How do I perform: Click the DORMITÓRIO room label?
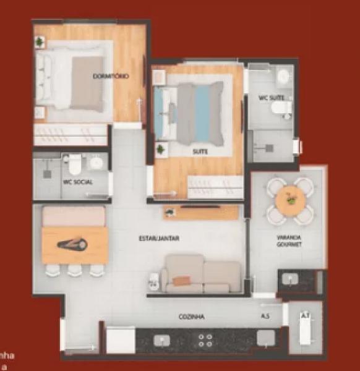111,76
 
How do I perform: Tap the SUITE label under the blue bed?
200,151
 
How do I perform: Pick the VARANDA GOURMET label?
289,241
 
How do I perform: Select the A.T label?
304,315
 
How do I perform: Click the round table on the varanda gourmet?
289,200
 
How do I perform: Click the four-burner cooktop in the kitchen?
205,341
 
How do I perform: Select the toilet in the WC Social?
74,164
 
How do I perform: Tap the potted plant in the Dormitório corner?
40,42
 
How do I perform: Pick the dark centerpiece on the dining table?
72,245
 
